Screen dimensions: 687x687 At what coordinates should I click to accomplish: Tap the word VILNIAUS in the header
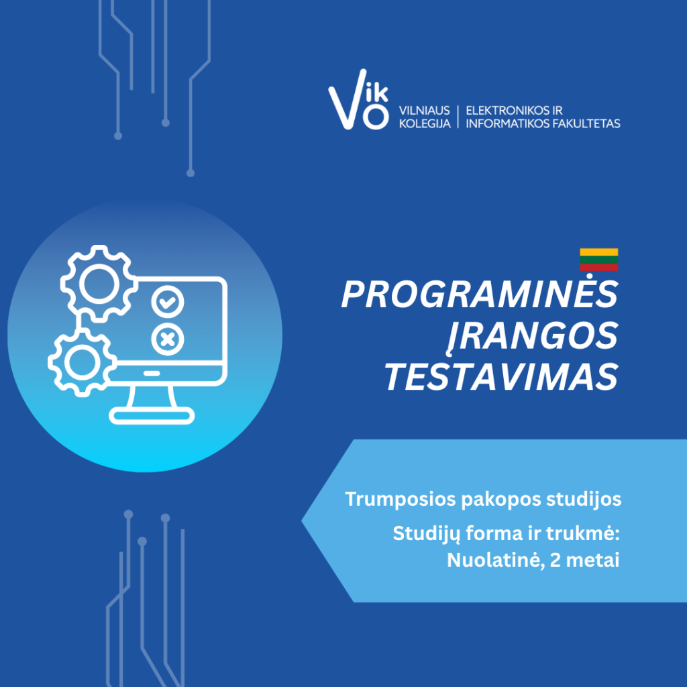[424, 111]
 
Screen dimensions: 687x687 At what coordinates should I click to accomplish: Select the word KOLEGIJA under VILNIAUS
[425, 123]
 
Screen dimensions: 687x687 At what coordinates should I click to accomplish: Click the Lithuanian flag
[599, 260]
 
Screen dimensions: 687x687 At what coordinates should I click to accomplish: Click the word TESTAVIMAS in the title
[501, 377]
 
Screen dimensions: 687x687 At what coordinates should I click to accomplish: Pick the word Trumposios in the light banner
[401, 499]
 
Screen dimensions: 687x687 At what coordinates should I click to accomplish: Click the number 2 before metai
[555, 560]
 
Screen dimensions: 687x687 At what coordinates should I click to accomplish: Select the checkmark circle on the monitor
[167, 302]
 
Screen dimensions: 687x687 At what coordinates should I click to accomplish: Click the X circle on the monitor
[167, 339]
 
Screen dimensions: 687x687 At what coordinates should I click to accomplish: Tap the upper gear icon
[99, 284]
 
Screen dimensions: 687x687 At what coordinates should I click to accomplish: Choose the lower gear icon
[82, 362]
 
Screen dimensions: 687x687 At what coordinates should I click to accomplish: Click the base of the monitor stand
[152, 415]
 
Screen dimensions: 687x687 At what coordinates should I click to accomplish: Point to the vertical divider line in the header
[458, 117]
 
